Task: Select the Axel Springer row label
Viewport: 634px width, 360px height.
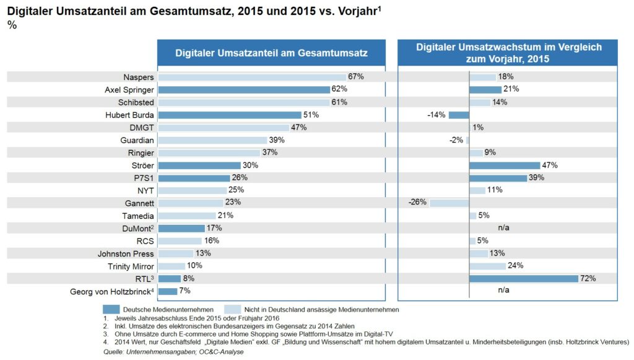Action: pyautogui.click(x=129, y=89)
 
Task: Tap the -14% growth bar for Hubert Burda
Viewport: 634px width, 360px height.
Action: pyautogui.click(x=459, y=115)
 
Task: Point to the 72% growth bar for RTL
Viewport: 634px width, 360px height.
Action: pyautogui.click(x=524, y=279)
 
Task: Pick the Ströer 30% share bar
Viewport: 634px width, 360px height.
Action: pyautogui.click(x=199, y=165)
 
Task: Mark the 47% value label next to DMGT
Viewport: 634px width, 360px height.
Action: pyautogui.click(x=299, y=128)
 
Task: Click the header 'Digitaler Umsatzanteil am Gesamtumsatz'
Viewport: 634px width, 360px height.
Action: pyautogui.click(x=271, y=53)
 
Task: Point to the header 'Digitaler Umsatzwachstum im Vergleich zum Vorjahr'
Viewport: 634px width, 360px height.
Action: pyautogui.click(x=508, y=53)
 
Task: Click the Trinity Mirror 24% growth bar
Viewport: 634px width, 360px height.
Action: pyautogui.click(x=487, y=266)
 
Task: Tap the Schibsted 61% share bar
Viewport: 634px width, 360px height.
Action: pyautogui.click(x=243, y=102)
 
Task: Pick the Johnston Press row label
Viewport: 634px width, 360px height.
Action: pyautogui.click(x=126, y=253)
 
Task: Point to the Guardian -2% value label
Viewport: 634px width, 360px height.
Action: pyautogui.click(x=456, y=140)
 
